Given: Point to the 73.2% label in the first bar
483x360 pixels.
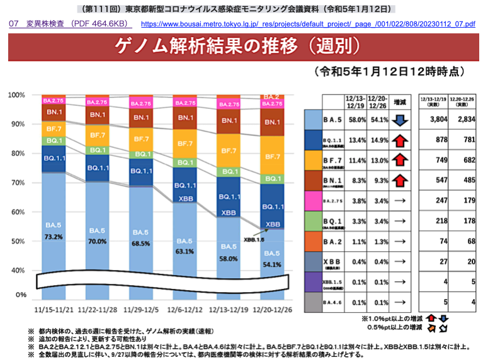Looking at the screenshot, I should [x=54, y=237].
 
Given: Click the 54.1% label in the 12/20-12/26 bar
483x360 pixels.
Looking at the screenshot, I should [x=273, y=264].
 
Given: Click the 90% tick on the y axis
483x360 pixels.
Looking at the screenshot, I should [x=17, y=124].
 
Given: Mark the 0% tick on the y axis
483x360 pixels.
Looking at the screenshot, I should [x=20, y=295].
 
